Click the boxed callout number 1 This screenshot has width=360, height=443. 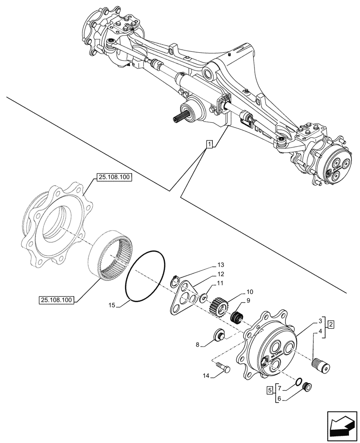(209, 144)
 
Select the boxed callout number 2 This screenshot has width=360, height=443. (331, 325)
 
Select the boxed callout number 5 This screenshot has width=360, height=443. (270, 391)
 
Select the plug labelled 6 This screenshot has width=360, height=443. (305, 387)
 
